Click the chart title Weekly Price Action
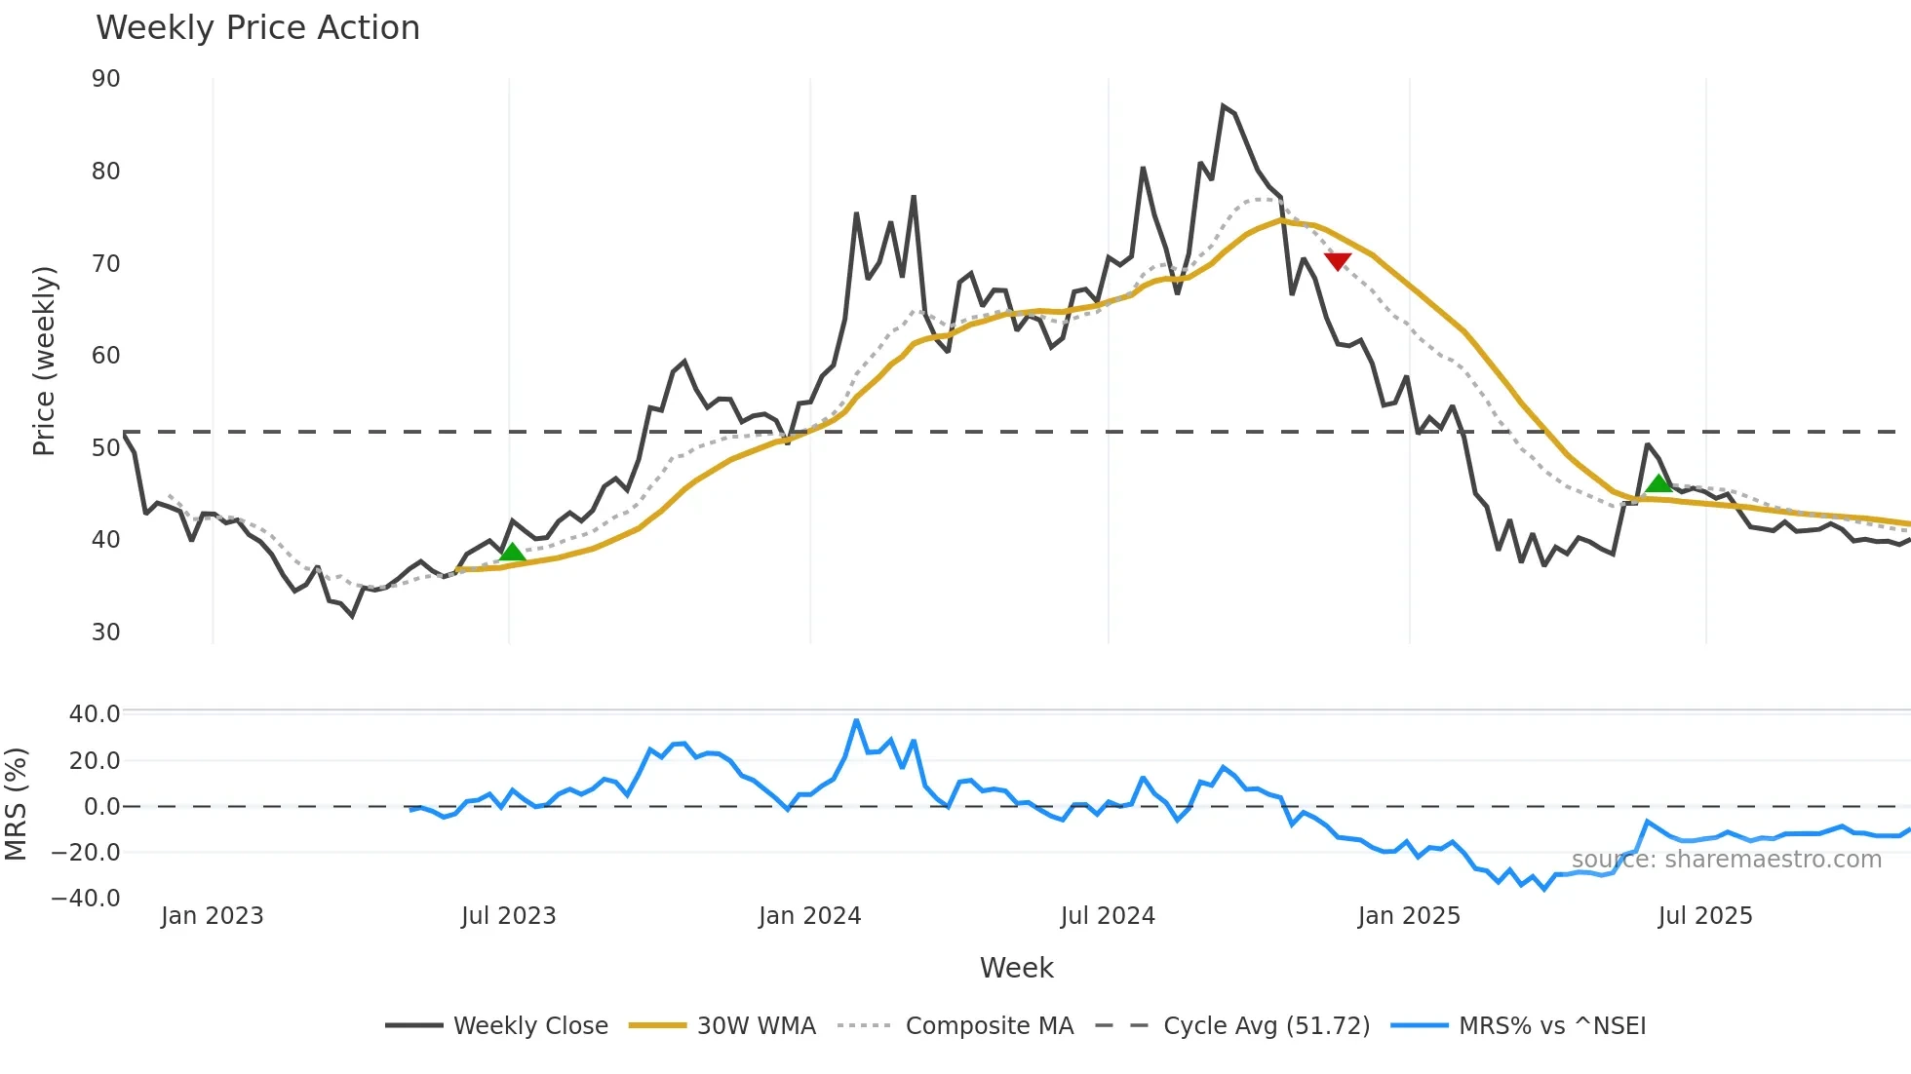click(x=257, y=28)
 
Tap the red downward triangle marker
click(x=1338, y=261)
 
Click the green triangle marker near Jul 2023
click(x=513, y=553)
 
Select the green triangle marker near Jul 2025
click(x=1658, y=483)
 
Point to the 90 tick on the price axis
click(x=106, y=79)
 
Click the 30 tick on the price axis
click(x=106, y=633)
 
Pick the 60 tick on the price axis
click(x=106, y=356)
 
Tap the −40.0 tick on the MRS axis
click(x=86, y=899)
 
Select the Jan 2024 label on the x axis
click(x=809, y=916)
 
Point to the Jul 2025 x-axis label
click(x=1704, y=916)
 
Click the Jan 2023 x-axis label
click(x=213, y=916)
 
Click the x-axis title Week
click(x=1016, y=968)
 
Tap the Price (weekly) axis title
click(x=45, y=361)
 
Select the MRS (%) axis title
click(x=17, y=804)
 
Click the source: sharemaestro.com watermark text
click(x=1726, y=860)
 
